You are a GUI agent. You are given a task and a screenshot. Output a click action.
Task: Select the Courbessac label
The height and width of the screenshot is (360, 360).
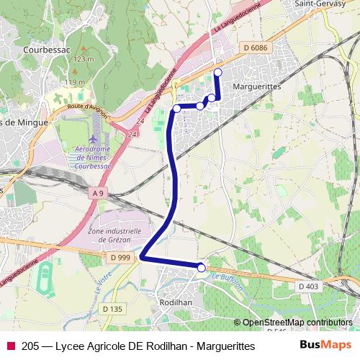pyautogui.click(x=46, y=50)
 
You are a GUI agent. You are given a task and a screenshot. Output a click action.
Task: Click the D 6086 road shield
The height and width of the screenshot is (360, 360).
pyautogui.click(x=256, y=48)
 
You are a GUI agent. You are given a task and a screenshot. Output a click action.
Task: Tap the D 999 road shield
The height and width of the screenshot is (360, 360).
pyautogui.click(x=122, y=257)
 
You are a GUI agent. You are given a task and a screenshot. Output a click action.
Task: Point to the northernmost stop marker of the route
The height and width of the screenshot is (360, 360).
pyautogui.click(x=218, y=71)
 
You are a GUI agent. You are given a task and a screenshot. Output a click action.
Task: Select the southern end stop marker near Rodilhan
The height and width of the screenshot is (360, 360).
pyautogui.click(x=202, y=268)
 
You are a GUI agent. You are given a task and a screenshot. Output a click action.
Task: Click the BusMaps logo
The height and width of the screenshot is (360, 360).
pyautogui.click(x=325, y=345)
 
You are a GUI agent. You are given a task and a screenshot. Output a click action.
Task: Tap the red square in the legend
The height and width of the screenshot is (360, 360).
pyautogui.click(x=11, y=346)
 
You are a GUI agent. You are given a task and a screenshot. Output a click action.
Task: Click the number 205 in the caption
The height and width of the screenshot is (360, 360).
pyautogui.click(x=31, y=346)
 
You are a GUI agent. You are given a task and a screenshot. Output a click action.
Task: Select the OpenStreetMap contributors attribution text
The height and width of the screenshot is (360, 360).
pyautogui.click(x=297, y=323)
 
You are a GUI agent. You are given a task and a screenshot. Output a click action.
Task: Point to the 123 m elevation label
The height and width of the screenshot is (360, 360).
pyautogui.click(x=84, y=58)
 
